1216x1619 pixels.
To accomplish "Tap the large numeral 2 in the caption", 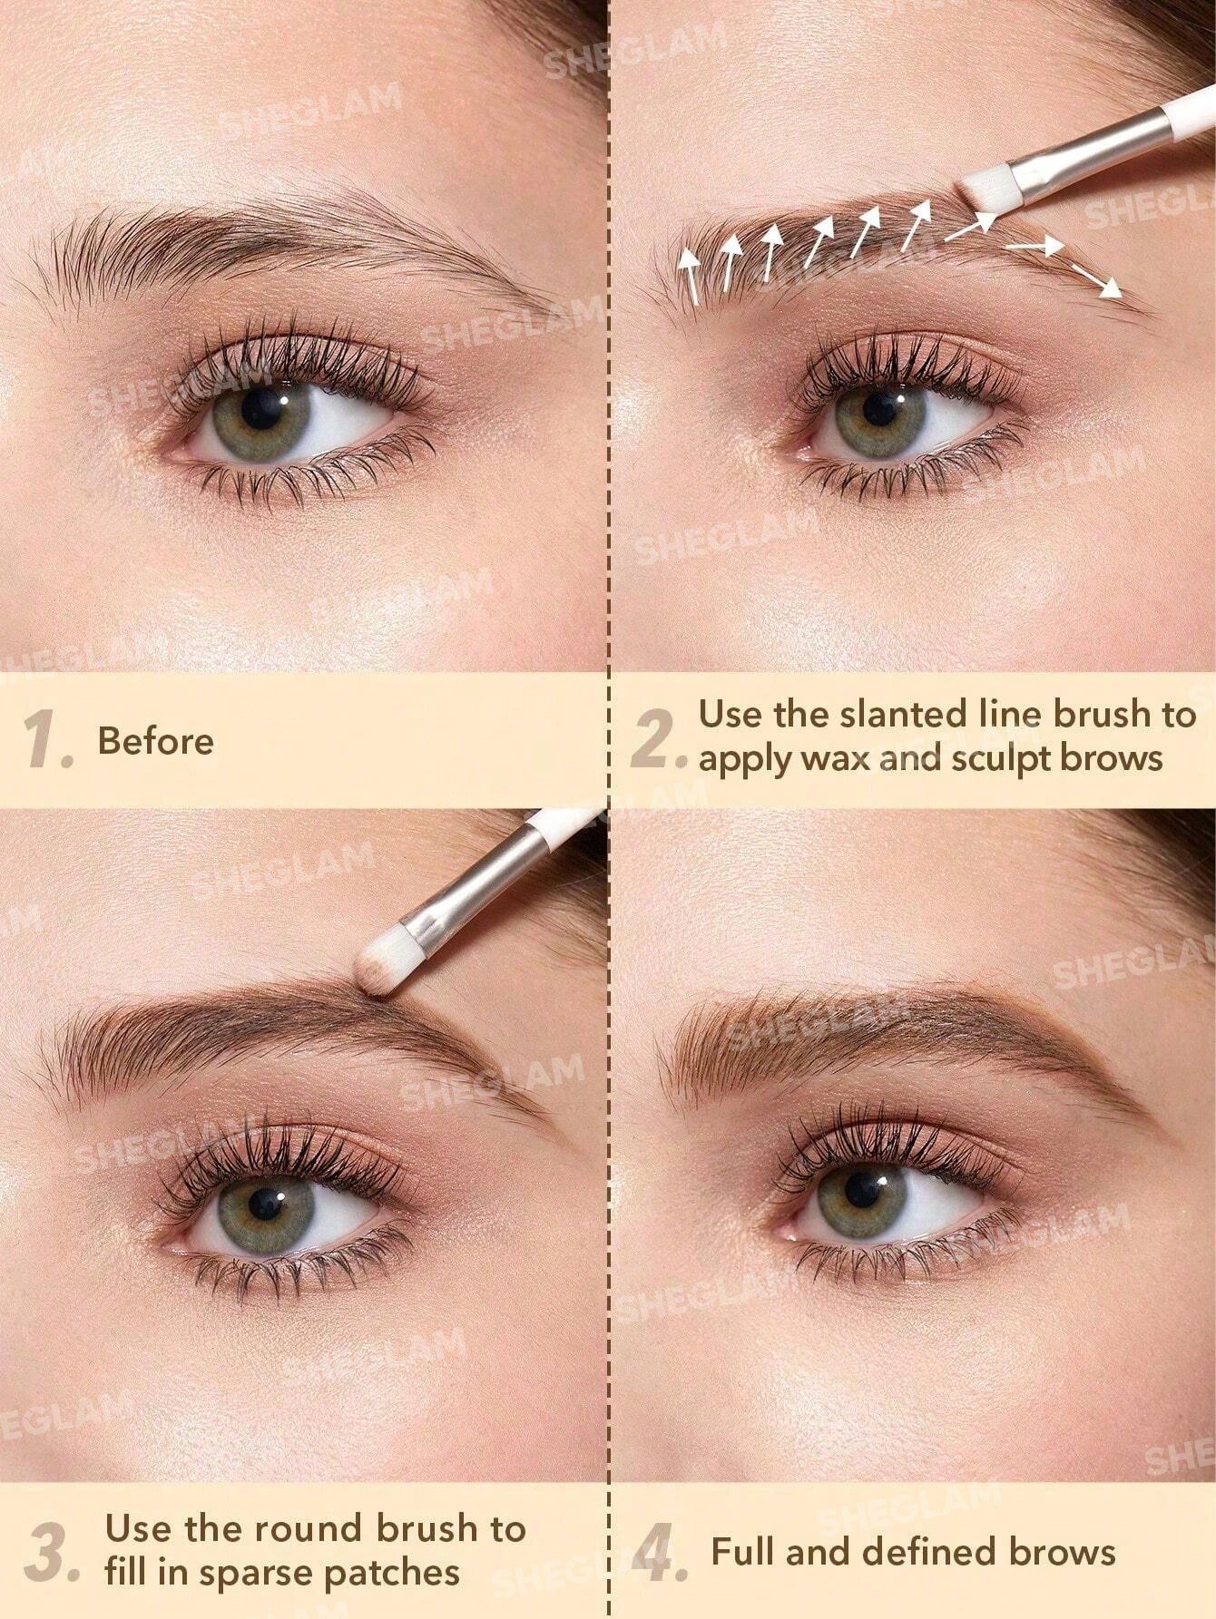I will click(x=654, y=738).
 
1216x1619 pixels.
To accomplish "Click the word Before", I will click(x=156, y=741).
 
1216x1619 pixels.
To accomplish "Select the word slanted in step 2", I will click(x=893, y=715).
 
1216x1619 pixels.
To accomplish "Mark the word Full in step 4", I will click(x=743, y=1552).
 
